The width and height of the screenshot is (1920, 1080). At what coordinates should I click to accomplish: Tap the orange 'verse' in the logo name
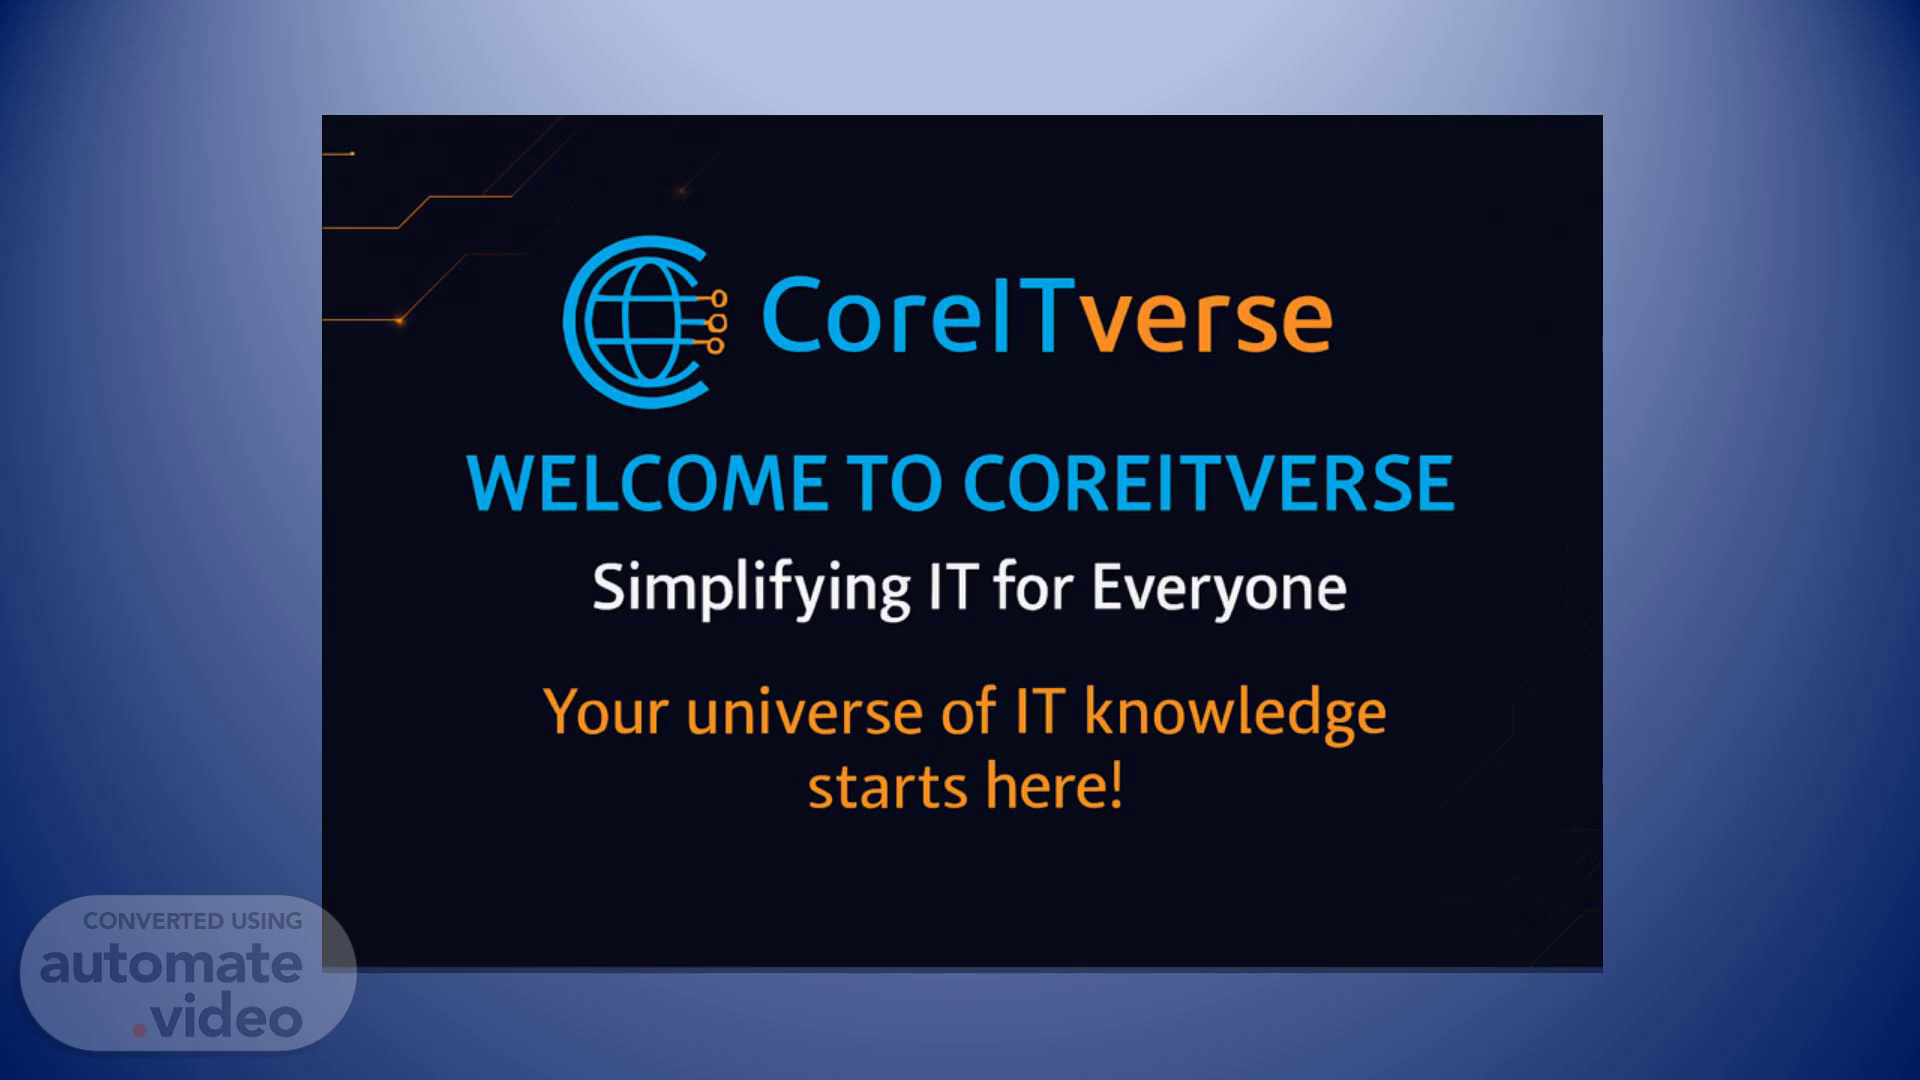click(1208, 317)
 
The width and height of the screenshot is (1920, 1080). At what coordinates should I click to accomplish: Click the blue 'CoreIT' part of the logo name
click(920, 315)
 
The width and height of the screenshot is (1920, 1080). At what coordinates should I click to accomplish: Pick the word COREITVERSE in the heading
click(1208, 483)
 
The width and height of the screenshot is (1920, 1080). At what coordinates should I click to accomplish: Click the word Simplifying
click(751, 590)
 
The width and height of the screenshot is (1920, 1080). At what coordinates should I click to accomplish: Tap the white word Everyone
click(1219, 590)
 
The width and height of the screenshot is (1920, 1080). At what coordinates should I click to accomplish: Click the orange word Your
click(606, 712)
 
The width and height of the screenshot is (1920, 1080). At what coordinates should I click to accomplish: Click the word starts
click(887, 787)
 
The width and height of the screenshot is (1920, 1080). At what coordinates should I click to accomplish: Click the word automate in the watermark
click(171, 964)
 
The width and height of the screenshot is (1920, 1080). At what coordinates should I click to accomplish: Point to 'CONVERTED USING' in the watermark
click(193, 921)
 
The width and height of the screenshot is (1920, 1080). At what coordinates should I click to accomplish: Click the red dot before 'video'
click(140, 1029)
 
